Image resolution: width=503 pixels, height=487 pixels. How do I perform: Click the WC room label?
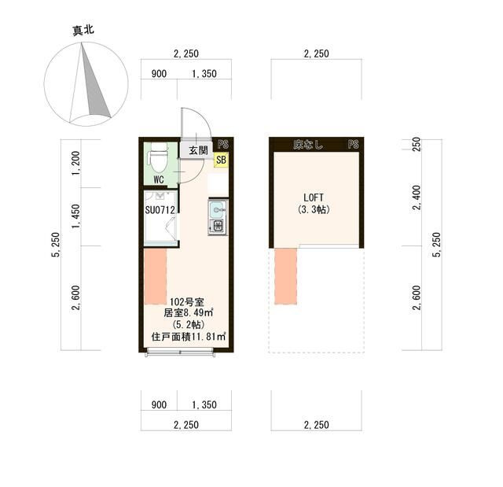click(159, 179)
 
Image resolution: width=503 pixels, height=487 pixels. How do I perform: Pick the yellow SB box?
click(221, 160)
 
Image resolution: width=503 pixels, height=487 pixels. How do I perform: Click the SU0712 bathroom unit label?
click(160, 210)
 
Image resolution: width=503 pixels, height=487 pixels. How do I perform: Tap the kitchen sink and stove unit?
click(217, 218)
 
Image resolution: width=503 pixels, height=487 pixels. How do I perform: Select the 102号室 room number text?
click(188, 302)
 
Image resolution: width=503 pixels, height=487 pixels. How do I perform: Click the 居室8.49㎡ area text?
click(189, 313)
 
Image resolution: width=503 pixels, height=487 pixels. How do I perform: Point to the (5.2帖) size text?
click(189, 324)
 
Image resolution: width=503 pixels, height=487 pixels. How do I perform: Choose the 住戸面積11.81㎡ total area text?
click(189, 337)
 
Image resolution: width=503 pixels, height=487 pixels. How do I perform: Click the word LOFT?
click(314, 197)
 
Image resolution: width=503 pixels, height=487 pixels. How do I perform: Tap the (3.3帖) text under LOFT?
click(314, 210)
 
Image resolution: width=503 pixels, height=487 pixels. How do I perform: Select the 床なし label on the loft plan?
click(307, 145)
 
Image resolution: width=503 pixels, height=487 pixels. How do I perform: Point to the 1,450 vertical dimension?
click(75, 216)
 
